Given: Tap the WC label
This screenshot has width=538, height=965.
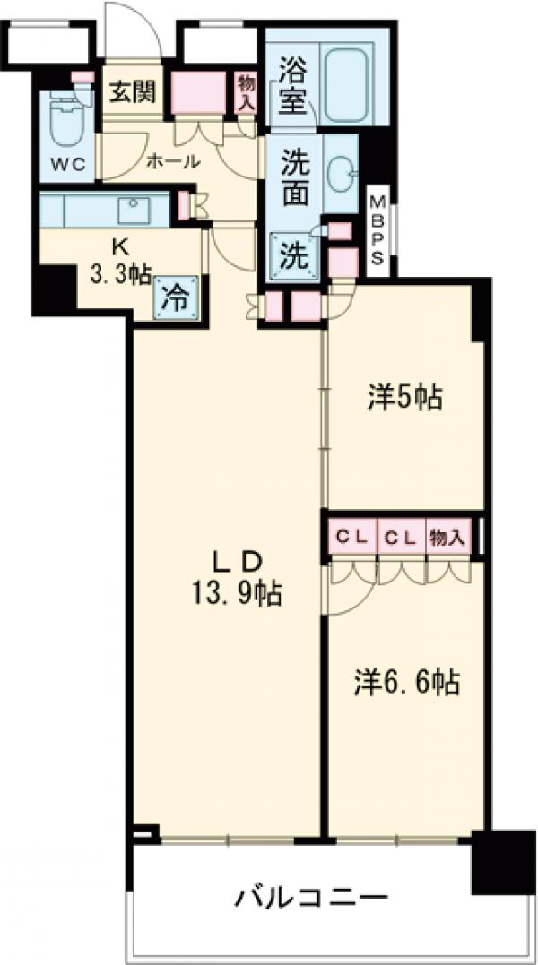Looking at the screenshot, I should click(65, 166).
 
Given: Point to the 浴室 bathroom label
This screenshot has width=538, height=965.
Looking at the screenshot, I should click(292, 86).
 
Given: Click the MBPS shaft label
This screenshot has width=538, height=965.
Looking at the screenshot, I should click(379, 229).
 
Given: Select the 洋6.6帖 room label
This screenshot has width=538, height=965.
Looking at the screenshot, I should click(404, 684).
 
